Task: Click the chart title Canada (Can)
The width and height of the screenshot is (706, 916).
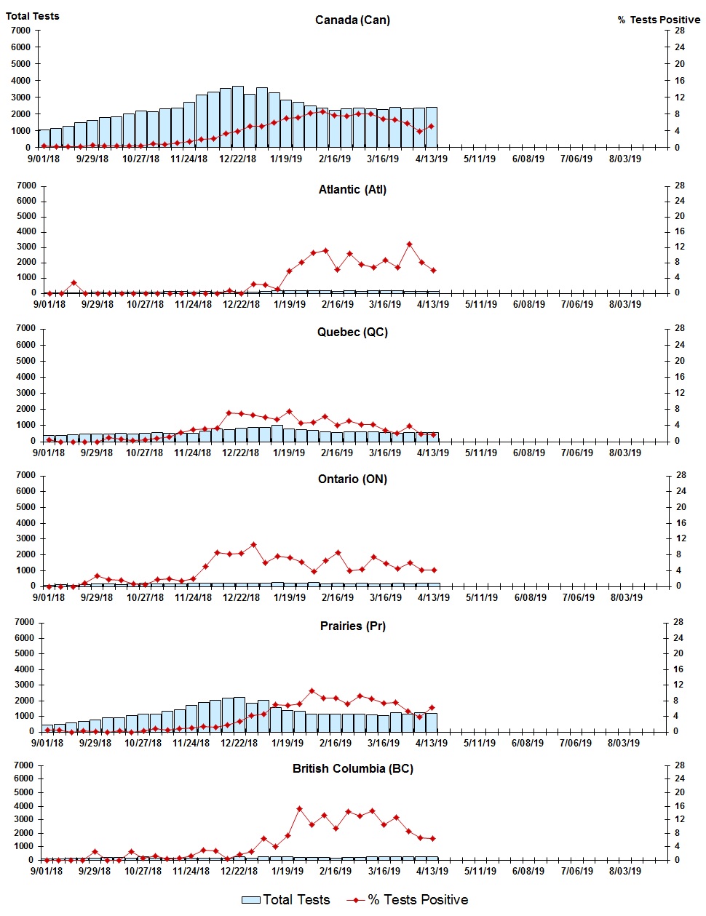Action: point(352,20)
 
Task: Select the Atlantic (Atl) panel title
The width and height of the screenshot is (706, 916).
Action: point(352,189)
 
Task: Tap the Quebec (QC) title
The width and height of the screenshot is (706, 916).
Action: point(352,332)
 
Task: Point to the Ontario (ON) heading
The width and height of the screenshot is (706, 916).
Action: point(352,479)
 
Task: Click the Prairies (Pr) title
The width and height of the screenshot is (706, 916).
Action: point(352,626)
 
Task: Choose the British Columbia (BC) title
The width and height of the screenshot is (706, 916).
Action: point(352,768)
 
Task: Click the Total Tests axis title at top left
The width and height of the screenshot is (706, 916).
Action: point(33,16)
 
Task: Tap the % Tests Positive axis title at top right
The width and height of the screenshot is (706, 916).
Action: point(659,20)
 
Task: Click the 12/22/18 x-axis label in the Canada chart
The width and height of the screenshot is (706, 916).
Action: point(238,159)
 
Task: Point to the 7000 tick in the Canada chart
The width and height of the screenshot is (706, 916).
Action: point(21,31)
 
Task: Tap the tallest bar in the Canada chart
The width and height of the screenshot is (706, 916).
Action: point(237,116)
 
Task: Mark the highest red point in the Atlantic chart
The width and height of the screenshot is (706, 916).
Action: point(410,244)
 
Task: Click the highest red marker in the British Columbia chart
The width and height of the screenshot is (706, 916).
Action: point(299,808)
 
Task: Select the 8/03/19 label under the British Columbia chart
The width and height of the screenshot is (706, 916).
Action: point(624,871)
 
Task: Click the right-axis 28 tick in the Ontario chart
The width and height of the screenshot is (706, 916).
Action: point(681,475)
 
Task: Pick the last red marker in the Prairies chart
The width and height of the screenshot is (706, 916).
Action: point(432,707)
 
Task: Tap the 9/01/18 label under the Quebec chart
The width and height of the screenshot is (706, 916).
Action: point(49,453)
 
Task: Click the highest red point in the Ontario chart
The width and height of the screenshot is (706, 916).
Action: point(253,544)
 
